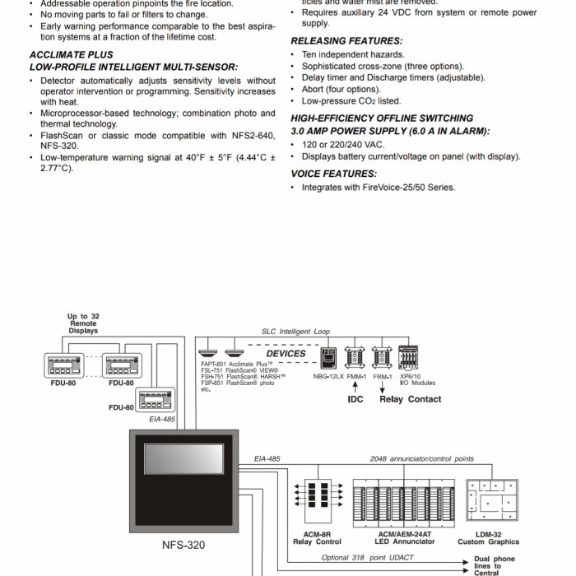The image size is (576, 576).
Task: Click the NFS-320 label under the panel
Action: (x=183, y=545)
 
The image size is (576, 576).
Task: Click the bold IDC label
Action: (x=355, y=399)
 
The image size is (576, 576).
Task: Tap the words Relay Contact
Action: (x=410, y=399)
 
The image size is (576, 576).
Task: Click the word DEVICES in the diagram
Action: (x=286, y=354)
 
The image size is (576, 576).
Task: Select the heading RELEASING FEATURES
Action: (x=346, y=40)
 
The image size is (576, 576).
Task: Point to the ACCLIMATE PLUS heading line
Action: (x=71, y=55)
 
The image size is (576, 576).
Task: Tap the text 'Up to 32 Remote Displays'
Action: (x=83, y=324)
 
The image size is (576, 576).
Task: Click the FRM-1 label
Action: (x=382, y=377)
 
